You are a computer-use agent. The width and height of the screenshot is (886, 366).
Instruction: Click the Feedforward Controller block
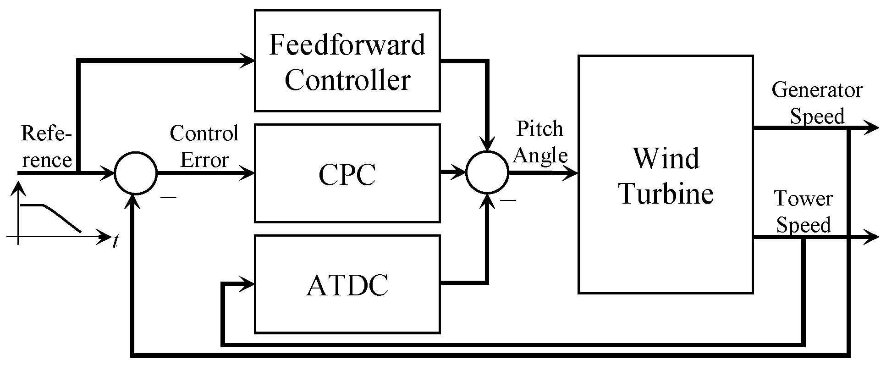[347, 61]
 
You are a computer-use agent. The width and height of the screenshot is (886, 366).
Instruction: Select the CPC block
[347, 173]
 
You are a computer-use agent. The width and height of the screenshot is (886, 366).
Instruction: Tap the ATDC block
[347, 284]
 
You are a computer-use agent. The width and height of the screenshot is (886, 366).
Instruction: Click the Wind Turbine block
[666, 174]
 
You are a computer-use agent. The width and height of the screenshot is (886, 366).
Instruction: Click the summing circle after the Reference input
[136, 173]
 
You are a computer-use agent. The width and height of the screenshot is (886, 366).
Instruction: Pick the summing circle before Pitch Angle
[487, 173]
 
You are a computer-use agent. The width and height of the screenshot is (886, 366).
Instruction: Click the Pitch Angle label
[540, 142]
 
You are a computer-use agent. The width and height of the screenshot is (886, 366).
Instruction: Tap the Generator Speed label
[817, 103]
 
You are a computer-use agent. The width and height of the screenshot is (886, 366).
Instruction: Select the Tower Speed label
[803, 212]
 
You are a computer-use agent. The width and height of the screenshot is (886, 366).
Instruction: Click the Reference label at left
[46, 147]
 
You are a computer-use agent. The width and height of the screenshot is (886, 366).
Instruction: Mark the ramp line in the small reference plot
[62, 217]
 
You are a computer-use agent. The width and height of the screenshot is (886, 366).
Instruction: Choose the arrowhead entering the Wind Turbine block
[571, 173]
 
